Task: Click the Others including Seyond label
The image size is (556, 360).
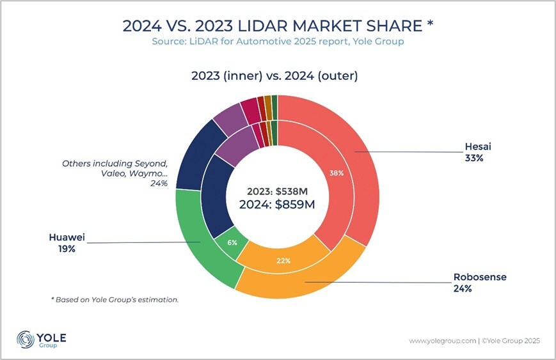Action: (x=115, y=173)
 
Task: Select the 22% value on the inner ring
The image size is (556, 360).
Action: (x=284, y=260)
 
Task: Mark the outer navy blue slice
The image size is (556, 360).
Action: (x=189, y=153)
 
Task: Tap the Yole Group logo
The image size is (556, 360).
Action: (x=42, y=340)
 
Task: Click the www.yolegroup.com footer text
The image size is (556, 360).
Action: (x=441, y=341)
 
